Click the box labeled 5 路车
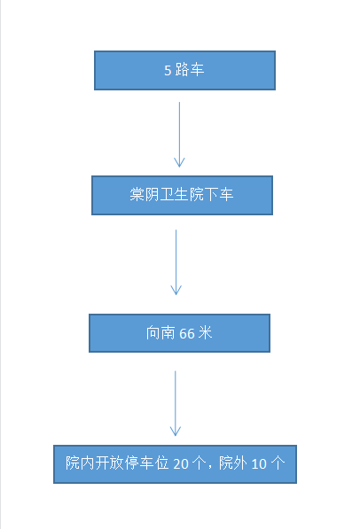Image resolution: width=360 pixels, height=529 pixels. [184, 71]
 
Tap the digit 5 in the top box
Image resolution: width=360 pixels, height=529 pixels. [168, 71]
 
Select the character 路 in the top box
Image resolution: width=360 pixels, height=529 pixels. [182, 70]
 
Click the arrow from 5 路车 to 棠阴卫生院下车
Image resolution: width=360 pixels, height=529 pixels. [179, 135]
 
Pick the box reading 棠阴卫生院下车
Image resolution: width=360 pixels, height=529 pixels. [182, 195]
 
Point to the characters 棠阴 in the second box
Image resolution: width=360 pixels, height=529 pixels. [145, 195]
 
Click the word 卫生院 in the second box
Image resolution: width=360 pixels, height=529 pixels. [182, 195]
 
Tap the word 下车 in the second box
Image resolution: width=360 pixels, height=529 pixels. [219, 195]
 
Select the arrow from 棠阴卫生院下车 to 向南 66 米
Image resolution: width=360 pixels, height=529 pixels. [176, 262]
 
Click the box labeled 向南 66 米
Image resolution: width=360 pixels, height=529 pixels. [179, 333]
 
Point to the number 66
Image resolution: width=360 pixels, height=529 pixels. [187, 334]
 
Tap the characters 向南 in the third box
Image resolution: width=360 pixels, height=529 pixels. [160, 333]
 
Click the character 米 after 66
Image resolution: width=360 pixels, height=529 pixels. [205, 333]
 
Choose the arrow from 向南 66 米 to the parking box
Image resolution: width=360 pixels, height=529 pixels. [176, 403]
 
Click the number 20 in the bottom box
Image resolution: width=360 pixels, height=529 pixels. [181, 464]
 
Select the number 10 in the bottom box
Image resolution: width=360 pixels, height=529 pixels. [259, 464]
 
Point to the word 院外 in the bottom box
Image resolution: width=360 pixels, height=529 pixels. [233, 463]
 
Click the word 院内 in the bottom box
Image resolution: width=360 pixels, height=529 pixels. [80, 463]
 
